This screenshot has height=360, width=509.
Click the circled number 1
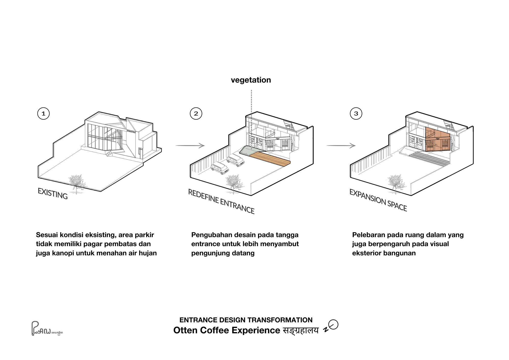point(43,114)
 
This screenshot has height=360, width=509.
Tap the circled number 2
point(196,114)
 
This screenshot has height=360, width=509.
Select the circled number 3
point(356,114)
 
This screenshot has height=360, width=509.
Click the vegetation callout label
point(251,80)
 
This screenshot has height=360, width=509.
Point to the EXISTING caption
point(53,193)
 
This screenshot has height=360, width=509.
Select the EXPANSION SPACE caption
point(378,200)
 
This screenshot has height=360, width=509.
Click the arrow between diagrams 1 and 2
point(190,146)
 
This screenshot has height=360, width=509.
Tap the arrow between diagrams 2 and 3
point(341,146)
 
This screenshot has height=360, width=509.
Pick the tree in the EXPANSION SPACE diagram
point(395,182)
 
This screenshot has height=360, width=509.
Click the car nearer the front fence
point(220,168)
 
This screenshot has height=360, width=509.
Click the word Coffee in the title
point(215,330)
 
